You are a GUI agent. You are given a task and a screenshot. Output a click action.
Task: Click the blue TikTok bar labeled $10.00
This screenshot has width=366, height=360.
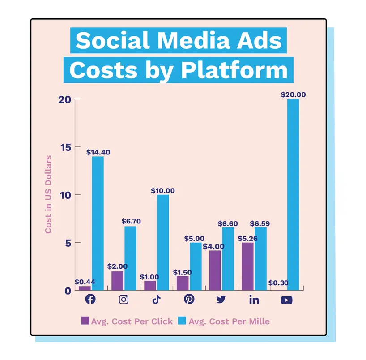(x=163, y=242)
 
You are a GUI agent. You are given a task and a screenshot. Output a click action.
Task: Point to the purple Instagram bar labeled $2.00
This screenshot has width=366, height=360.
(x=117, y=280)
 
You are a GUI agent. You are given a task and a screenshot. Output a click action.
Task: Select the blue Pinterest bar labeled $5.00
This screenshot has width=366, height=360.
(x=196, y=266)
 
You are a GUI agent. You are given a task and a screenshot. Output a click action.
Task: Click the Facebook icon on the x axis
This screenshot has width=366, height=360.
(x=90, y=300)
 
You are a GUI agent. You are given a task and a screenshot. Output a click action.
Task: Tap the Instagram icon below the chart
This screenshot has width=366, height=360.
(x=123, y=300)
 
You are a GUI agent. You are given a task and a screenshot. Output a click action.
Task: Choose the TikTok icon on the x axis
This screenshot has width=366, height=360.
(x=156, y=300)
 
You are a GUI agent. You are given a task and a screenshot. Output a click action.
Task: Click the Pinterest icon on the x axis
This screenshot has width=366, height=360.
(x=189, y=300)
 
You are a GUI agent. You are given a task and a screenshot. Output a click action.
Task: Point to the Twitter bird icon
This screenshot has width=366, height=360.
(x=221, y=300)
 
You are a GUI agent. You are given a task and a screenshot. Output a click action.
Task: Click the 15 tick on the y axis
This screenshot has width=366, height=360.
(x=66, y=147)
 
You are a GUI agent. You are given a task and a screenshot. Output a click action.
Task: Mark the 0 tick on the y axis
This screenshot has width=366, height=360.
(x=67, y=291)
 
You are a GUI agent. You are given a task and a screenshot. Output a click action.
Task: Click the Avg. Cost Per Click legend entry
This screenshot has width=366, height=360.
(x=127, y=321)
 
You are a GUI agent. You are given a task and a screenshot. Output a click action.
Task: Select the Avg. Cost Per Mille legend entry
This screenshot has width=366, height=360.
(x=224, y=321)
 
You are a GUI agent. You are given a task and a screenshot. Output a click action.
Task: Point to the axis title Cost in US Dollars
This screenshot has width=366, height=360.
(x=48, y=194)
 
